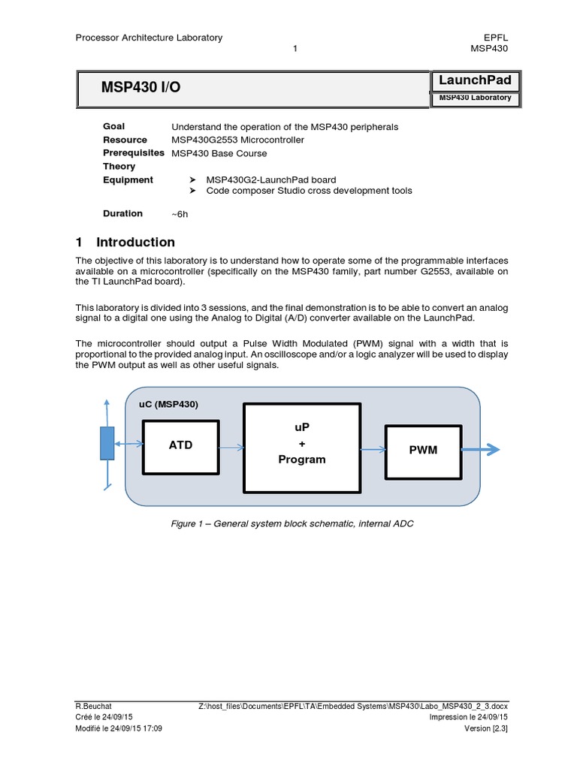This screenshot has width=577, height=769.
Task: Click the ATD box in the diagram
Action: coord(180,446)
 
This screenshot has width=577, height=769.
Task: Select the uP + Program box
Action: coord(302,447)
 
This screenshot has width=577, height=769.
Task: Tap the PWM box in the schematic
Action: coord(422,451)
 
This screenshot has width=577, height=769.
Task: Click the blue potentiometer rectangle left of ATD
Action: coord(107,443)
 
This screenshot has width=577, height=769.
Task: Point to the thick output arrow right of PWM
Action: coord(482,450)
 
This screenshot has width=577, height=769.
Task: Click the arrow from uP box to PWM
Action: coord(373,450)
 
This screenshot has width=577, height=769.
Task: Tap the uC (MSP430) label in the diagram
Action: coord(168,404)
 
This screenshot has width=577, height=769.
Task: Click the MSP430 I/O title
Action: coord(140,89)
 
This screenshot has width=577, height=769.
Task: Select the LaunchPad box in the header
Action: coord(474,81)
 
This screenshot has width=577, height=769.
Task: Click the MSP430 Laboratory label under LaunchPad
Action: coord(474,98)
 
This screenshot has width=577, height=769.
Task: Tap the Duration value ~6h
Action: coord(180,214)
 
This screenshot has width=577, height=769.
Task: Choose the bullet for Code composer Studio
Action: coord(193,191)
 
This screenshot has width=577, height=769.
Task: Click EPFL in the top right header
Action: coord(496,38)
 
